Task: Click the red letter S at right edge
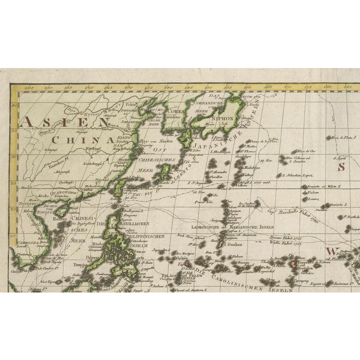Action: point(340,166)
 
